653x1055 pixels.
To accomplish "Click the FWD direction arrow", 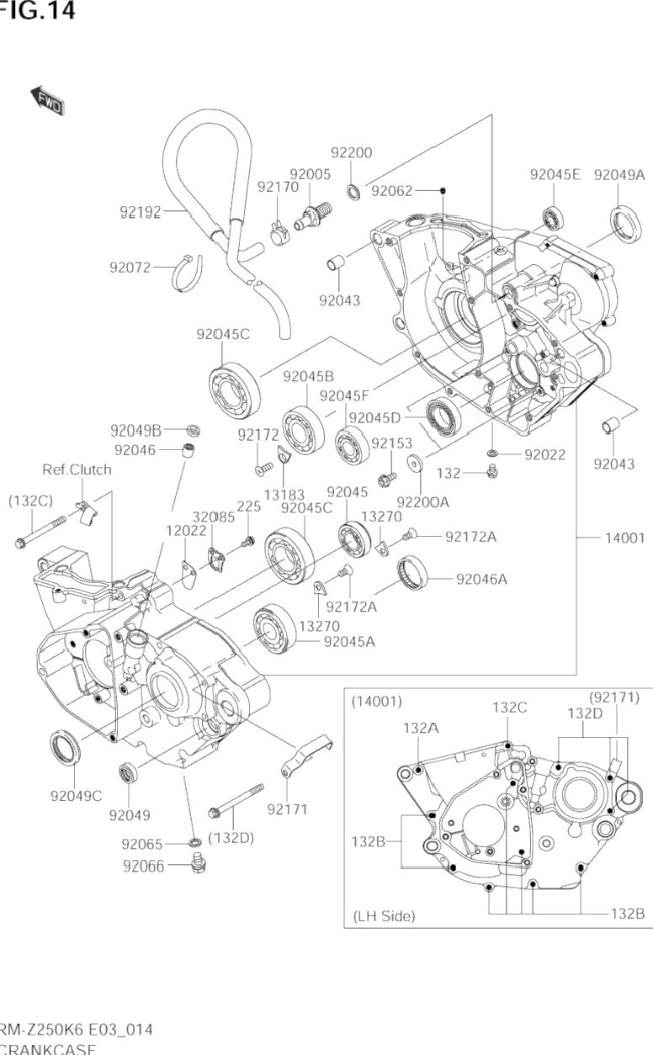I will click(49, 99).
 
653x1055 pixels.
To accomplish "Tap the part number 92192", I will click(141, 212).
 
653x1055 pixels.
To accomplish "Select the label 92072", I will click(130, 268).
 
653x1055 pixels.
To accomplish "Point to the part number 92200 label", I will click(351, 153).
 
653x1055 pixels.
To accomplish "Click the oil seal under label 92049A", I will click(624, 225).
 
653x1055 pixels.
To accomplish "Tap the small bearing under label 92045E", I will click(552, 218).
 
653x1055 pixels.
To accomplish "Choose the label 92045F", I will click(344, 395).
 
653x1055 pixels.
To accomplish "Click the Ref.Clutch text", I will click(77, 469).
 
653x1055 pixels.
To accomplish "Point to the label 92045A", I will click(349, 641).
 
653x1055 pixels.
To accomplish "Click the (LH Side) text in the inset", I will click(384, 916).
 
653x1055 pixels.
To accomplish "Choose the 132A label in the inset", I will click(421, 728).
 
